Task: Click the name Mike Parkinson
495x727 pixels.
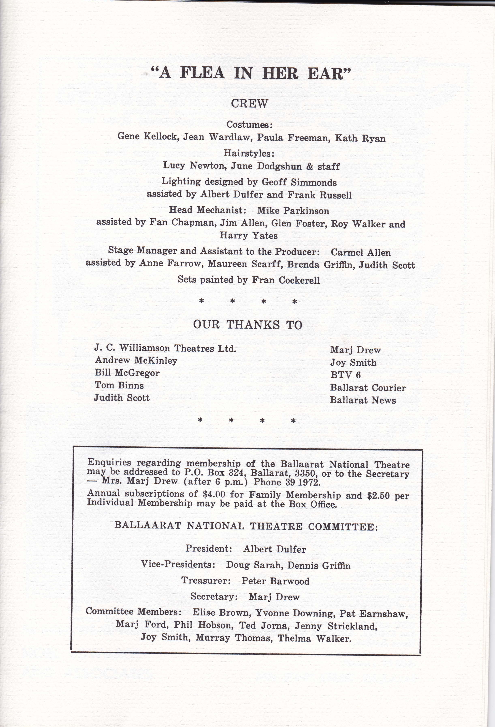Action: click(x=293, y=211)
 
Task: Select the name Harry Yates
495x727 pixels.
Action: click(x=249, y=236)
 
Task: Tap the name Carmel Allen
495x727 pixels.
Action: click(x=360, y=252)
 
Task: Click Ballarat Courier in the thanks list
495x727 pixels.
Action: click(x=367, y=388)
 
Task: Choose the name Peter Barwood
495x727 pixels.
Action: click(x=275, y=581)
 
